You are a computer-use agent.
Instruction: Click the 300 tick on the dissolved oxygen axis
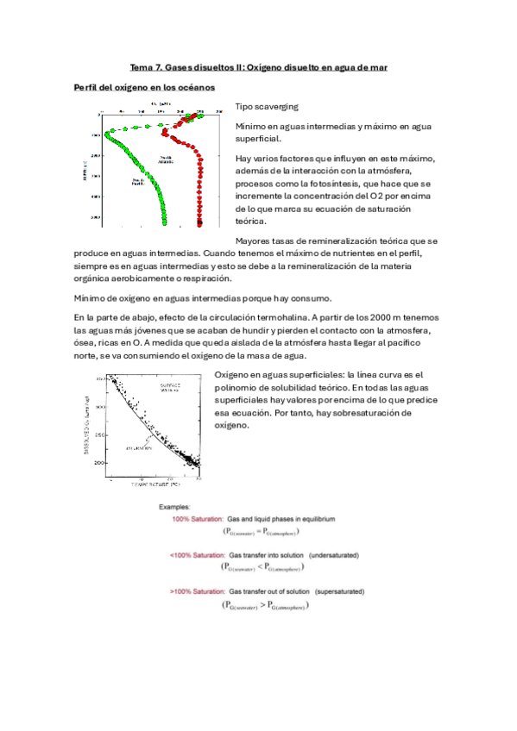click(99, 406)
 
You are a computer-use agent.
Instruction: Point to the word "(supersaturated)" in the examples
click(337, 592)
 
